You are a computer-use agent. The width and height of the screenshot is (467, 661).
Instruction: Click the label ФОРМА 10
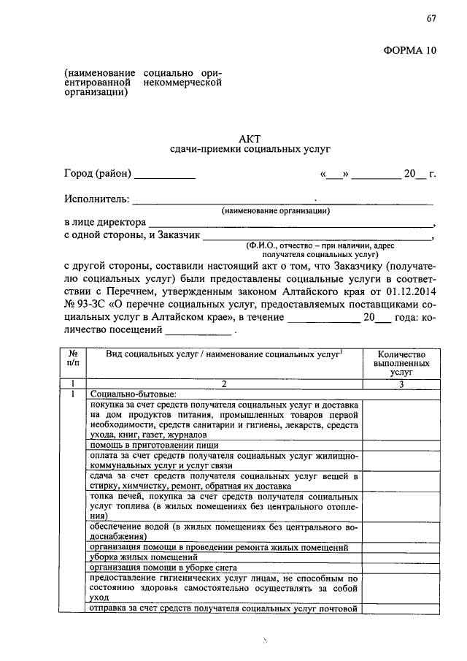coord(410,50)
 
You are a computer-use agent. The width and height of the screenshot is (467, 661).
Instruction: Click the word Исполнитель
coord(96,199)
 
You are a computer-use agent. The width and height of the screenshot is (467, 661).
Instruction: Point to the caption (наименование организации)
coord(277,211)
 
